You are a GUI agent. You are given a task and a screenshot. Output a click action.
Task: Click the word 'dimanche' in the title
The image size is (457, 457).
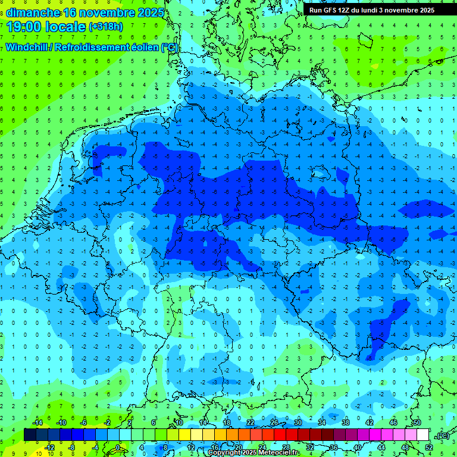33,12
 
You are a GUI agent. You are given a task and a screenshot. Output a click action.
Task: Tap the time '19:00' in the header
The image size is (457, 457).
25,27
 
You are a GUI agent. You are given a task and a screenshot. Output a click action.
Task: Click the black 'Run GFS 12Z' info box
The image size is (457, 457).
372,10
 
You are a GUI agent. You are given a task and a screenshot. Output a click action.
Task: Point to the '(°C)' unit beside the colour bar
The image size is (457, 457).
442,435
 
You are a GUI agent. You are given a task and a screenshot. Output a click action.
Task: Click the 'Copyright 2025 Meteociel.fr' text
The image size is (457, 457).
254,453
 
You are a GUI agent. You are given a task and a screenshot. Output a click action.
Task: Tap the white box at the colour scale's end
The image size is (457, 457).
423,434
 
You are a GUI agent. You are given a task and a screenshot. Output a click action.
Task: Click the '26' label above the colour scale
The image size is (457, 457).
274,422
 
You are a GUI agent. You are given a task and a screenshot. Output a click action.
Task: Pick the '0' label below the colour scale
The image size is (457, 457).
118,447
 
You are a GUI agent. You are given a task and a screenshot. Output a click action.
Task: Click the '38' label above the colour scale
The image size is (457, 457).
346,422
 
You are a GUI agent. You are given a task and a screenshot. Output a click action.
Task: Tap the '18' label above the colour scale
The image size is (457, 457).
227,422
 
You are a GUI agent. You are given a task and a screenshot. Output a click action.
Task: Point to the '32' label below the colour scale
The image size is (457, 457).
310,447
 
